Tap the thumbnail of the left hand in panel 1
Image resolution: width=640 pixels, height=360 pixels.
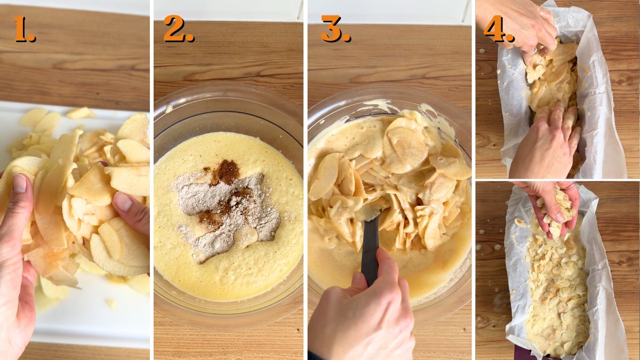19,183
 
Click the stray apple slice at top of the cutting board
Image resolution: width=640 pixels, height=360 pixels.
80,113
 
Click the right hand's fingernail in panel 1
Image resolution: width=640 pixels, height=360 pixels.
122,201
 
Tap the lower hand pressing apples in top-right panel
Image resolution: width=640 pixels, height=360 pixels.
544,144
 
